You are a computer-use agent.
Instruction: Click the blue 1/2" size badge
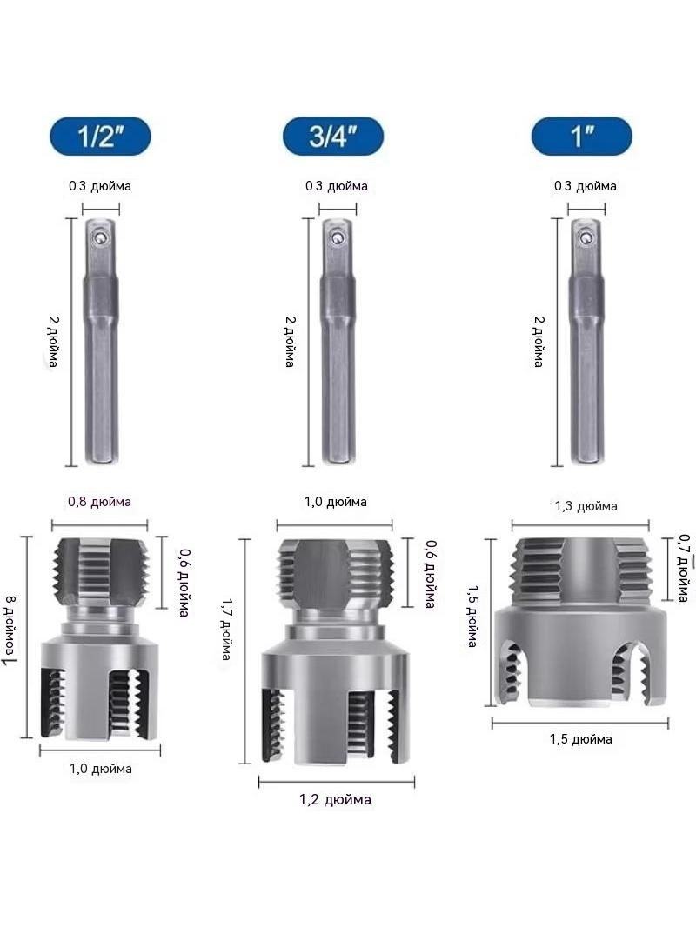pyautogui.click(x=100, y=136)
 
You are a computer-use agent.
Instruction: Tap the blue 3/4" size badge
pyautogui.click(x=333, y=136)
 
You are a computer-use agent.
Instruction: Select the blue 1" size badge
pyautogui.click(x=582, y=136)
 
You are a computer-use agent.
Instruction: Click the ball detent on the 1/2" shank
pyautogui.click(x=101, y=237)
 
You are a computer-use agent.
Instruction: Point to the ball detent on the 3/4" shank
pyautogui.click(x=338, y=237)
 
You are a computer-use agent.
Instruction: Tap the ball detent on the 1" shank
pyautogui.click(x=586, y=237)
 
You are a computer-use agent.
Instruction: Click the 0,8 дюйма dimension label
pyautogui.click(x=99, y=502)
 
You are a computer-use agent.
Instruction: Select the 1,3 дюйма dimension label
pyautogui.click(x=586, y=506)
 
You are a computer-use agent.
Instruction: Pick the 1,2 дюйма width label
pyautogui.click(x=335, y=800)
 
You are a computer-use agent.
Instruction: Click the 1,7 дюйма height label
pyautogui.click(x=226, y=629)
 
